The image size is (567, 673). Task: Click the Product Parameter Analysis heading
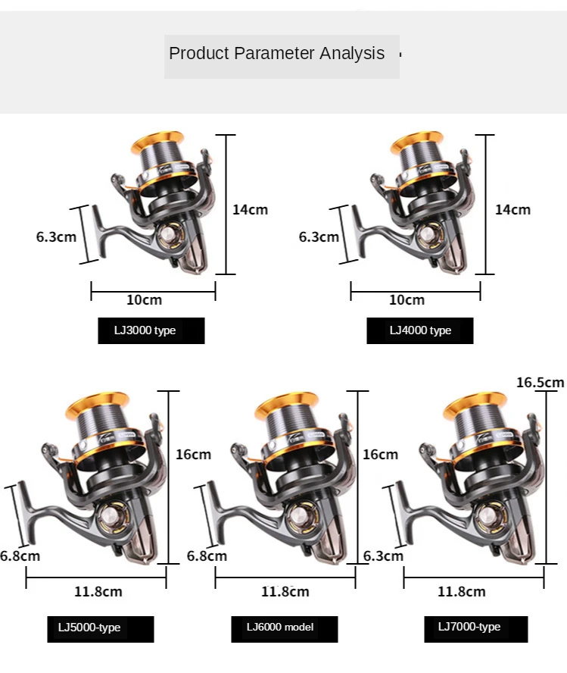(x=276, y=53)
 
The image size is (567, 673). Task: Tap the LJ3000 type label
(x=145, y=330)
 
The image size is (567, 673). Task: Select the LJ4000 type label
(x=420, y=330)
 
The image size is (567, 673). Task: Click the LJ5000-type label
(x=89, y=628)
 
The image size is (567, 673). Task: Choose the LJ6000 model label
(x=280, y=627)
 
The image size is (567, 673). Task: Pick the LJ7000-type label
(x=469, y=627)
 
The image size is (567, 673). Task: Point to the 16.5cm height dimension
(x=540, y=383)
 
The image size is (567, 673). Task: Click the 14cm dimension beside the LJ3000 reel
(x=251, y=209)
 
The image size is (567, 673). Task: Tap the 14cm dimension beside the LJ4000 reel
(x=513, y=209)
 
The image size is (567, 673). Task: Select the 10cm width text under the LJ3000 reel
(x=144, y=299)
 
